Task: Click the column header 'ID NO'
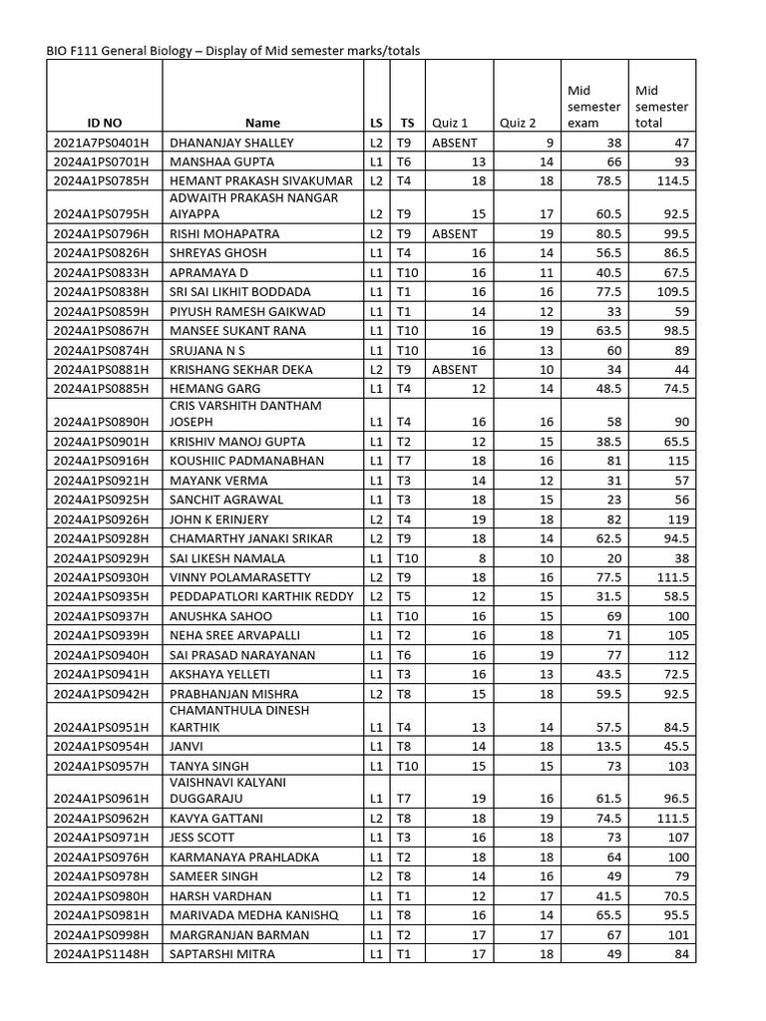[104, 123]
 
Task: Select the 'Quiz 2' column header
[518, 123]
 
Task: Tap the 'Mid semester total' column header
[661, 107]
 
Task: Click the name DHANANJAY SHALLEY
[232, 143]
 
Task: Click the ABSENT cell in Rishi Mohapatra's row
[455, 234]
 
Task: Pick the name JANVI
[189, 747]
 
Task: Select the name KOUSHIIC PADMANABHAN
[247, 462]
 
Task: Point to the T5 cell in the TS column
[405, 596]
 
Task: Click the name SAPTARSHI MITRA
[221, 954]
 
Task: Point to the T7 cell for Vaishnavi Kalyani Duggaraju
[405, 799]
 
